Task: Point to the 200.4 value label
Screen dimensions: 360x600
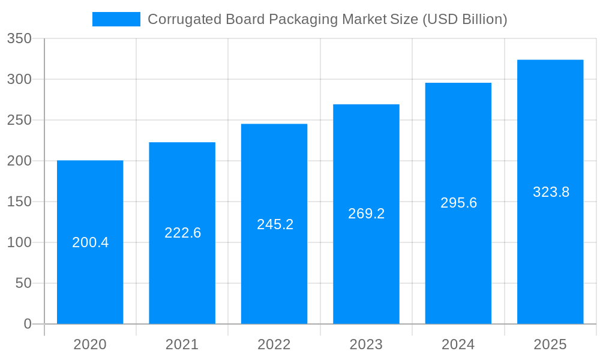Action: coord(90,243)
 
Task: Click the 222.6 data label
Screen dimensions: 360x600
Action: coord(182,233)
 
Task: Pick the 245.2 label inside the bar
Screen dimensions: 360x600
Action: coord(275,224)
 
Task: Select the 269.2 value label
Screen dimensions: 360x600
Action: coord(366,214)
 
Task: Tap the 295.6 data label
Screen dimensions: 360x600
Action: coord(458,203)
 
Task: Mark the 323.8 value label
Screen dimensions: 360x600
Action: coord(551,192)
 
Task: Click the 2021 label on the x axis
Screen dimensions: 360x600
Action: coord(182,344)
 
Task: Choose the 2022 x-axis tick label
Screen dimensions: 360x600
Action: coord(274,344)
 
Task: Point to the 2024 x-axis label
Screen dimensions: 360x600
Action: coord(458,344)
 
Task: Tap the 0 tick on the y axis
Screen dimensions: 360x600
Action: coord(28,324)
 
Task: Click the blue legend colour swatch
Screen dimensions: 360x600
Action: coord(116,19)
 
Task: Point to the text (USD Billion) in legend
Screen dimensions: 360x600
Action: coord(465,19)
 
